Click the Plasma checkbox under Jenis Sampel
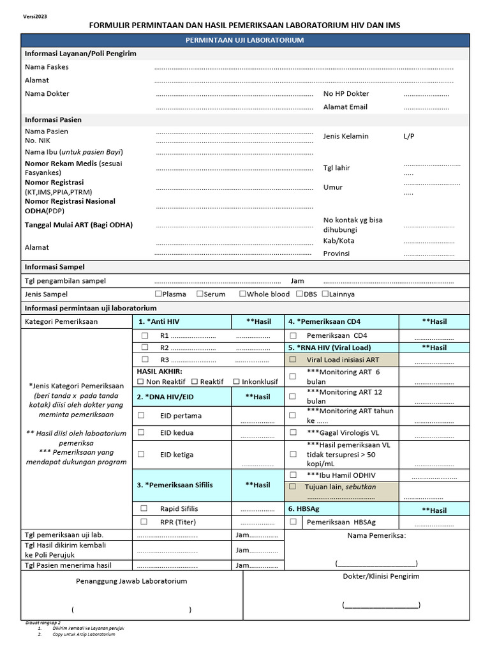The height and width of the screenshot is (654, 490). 159,294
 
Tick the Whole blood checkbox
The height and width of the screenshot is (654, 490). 242,294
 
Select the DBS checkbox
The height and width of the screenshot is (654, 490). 299,294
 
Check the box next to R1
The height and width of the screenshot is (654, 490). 145,335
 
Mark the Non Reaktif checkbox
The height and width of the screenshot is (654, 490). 140,381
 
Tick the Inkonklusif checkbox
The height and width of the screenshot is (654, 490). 237,381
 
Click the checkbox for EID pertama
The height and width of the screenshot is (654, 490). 141,415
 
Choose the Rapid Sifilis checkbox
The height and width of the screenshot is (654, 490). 144,508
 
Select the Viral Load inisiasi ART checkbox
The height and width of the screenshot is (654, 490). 293,360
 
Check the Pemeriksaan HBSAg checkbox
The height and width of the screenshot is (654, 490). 293,522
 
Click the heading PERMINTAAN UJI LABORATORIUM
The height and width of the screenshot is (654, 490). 244,40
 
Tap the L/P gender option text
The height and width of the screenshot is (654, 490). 409,136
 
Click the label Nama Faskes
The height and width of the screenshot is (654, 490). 47,67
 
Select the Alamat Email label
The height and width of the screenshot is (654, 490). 345,107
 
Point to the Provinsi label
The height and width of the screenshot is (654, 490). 336,254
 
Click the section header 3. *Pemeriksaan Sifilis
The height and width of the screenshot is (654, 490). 174,485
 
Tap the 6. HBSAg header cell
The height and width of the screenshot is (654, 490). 304,509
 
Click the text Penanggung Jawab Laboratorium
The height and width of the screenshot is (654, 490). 131,581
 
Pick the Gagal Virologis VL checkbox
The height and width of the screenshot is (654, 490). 293,433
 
